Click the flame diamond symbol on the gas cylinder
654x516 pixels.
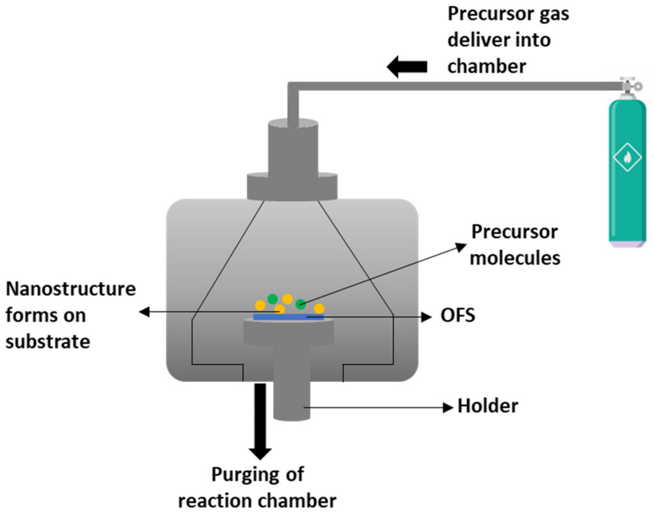[x=627, y=157]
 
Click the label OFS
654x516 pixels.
[x=458, y=315]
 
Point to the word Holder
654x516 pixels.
[x=488, y=406]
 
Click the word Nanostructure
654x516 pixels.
[x=71, y=289]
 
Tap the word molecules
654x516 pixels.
[x=515, y=258]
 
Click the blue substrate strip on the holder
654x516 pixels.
[x=288, y=317]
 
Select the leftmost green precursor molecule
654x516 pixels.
[x=272, y=298]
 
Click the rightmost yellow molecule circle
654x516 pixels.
[x=319, y=308]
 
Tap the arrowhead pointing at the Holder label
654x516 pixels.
[x=448, y=408]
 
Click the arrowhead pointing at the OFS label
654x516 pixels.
[x=427, y=317]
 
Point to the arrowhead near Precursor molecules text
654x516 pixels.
[x=461, y=247]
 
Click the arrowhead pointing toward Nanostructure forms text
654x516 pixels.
[x=144, y=312]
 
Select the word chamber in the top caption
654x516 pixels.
[x=487, y=67]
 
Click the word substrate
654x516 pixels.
[x=48, y=341]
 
